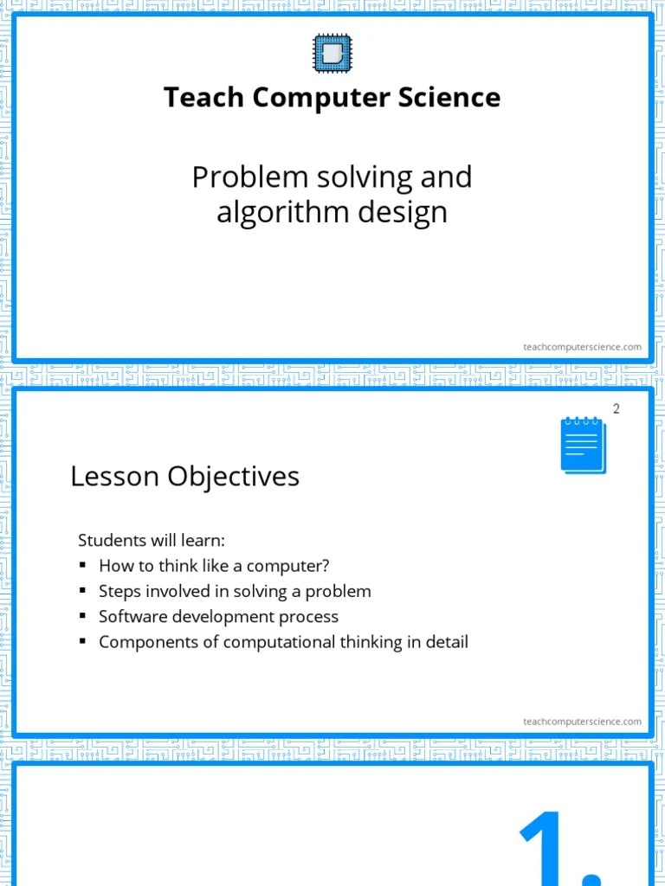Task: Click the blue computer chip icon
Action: (x=332, y=54)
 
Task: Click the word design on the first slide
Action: (x=406, y=212)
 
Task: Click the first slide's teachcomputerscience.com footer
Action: (x=582, y=347)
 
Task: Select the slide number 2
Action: (x=617, y=409)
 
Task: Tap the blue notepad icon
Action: (x=583, y=445)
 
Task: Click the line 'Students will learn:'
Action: (x=152, y=541)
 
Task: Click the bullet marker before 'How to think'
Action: (x=83, y=565)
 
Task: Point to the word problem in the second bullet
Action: (x=340, y=592)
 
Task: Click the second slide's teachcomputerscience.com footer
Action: (x=582, y=722)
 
